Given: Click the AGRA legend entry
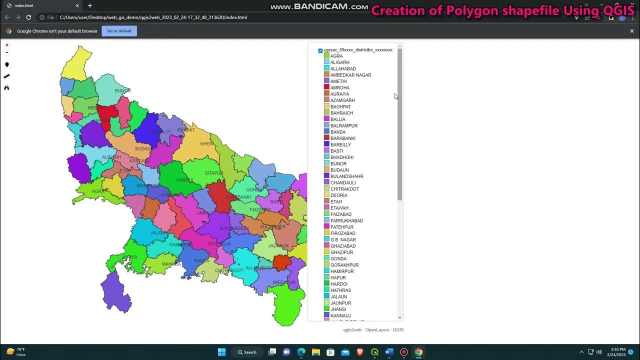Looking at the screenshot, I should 336,56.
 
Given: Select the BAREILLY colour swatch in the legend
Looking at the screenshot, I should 326,144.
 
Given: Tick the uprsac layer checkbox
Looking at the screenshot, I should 320,50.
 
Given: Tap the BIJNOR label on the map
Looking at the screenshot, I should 122,90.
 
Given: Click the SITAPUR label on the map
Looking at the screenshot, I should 214,173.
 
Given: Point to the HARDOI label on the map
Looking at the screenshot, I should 184,180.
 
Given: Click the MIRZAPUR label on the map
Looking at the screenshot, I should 284,282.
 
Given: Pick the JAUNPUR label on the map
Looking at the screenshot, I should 278,245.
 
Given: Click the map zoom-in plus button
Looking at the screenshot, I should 7,45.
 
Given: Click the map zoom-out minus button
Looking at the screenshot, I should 7,52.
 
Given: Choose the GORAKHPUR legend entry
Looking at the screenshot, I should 344,265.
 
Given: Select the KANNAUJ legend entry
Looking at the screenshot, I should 340,315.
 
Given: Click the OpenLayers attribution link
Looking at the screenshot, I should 376,330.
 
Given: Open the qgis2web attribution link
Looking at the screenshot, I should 352,330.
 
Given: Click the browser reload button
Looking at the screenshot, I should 28,17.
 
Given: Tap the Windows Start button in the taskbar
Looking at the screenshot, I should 221,352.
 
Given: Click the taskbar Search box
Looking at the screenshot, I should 247,352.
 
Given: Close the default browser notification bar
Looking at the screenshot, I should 631,31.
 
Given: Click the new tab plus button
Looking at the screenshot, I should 90,5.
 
